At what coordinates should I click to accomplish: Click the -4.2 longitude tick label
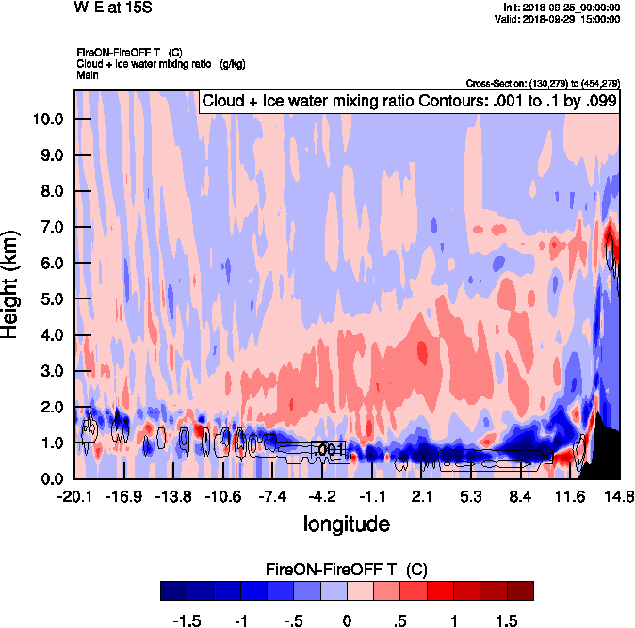coord(322,496)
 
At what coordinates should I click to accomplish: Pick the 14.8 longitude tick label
coord(619,496)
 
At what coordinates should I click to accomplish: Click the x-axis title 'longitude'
coord(346,523)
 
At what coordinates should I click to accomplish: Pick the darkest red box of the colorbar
coord(520,590)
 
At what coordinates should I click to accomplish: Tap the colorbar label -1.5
coord(190,620)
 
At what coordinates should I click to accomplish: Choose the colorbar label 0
coord(347,620)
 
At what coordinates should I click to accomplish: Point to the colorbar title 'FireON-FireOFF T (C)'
coord(347,570)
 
